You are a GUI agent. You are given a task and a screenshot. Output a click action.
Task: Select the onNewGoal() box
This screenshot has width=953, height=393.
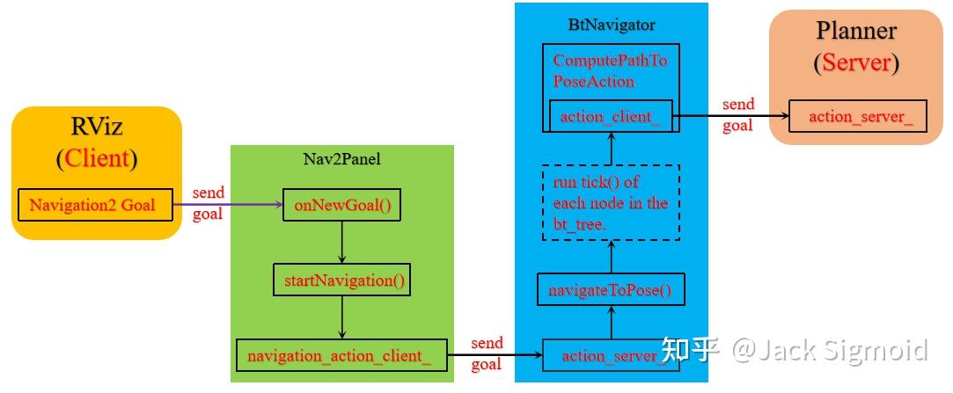coord(341,206)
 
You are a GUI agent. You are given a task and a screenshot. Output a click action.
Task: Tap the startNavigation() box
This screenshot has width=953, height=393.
coord(341,281)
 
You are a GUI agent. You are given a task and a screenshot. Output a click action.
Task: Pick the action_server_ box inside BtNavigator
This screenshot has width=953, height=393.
coord(611,355)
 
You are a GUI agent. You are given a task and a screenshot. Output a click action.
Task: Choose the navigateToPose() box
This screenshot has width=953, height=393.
coord(611,290)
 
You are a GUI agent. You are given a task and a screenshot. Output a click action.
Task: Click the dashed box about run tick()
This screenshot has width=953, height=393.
coord(611,203)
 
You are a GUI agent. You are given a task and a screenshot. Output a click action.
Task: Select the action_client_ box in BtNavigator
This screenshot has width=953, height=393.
coord(611,115)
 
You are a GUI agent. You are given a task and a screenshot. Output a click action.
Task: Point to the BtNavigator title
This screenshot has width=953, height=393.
coord(611,24)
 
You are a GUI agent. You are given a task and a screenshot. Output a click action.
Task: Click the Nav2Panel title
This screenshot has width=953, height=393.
coord(341,158)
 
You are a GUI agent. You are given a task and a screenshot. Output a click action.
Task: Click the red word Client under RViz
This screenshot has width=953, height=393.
coord(96,159)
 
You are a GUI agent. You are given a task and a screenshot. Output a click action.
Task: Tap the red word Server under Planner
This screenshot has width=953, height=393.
coord(856,63)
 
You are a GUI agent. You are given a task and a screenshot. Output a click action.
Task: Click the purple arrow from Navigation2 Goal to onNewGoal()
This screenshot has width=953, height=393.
coord(227,206)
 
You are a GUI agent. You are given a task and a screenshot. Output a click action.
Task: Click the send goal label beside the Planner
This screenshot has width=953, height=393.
coord(737,114)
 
